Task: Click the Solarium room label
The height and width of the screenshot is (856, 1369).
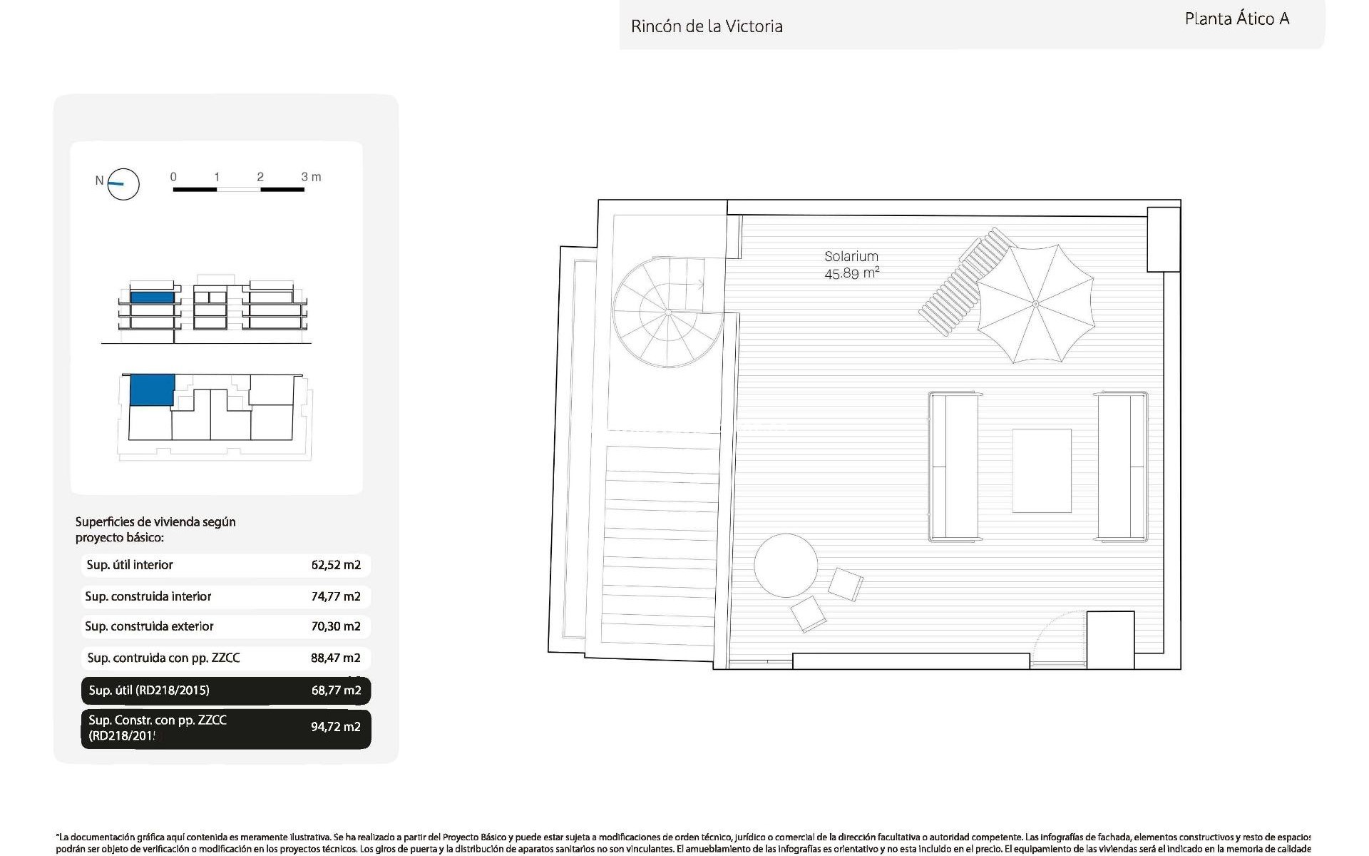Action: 851,256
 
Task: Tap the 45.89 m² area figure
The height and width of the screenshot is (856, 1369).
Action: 851,273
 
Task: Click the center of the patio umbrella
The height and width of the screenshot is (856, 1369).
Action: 1035,304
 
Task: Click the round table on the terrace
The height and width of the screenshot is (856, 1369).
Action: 786,566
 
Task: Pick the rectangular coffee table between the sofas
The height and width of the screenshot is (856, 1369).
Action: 1042,471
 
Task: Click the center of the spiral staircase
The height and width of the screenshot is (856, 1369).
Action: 667,312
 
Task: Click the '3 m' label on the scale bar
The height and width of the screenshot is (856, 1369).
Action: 311,177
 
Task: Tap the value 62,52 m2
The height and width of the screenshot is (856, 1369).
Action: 336,565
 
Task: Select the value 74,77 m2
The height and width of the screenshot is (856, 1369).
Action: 336,596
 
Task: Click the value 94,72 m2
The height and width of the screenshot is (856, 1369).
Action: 336,727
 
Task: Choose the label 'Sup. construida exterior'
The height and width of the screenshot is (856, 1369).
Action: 149,626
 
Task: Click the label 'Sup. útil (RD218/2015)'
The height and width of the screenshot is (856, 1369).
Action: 149,690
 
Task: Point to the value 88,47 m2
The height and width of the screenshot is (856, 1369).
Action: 336,658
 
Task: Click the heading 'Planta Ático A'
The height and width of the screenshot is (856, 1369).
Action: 1237,19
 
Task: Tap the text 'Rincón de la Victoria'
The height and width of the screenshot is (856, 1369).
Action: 707,27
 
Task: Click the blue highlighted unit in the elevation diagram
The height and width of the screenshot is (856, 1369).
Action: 152,297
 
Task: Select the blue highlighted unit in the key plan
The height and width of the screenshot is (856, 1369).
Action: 152,389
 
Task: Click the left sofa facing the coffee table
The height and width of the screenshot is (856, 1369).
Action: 953,467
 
